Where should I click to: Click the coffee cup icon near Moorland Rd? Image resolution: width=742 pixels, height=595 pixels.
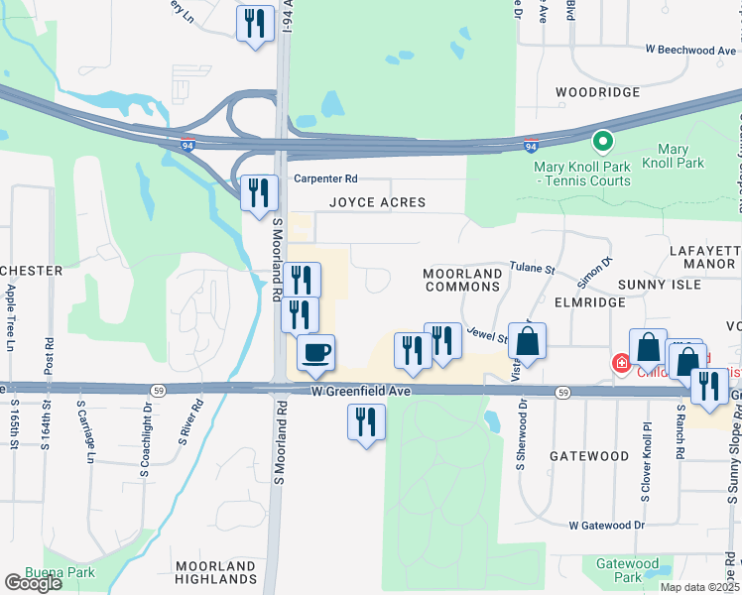[315, 353]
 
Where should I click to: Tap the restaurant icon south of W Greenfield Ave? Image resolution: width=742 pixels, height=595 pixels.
[366, 422]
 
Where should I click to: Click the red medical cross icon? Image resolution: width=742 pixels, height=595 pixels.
[621, 364]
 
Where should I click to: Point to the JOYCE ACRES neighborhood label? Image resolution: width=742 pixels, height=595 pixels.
[377, 202]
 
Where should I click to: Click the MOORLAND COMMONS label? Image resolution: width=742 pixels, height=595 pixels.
[461, 280]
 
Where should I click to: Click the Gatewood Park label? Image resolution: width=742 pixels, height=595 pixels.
[627, 570]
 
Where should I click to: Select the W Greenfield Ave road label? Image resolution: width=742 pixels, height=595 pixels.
[360, 393]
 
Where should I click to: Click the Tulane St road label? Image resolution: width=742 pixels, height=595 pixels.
[532, 268]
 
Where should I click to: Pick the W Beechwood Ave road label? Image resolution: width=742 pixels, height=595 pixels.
[690, 50]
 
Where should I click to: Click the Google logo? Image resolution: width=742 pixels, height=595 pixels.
[34, 583]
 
